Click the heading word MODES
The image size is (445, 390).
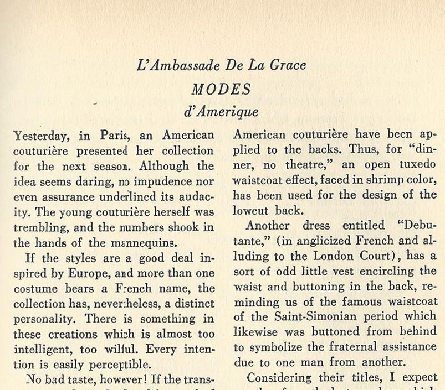click(221, 89)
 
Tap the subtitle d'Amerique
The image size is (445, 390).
click(221, 111)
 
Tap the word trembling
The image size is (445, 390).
click(37, 227)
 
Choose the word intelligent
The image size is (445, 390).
click(39, 349)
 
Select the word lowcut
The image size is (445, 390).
click(253, 210)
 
